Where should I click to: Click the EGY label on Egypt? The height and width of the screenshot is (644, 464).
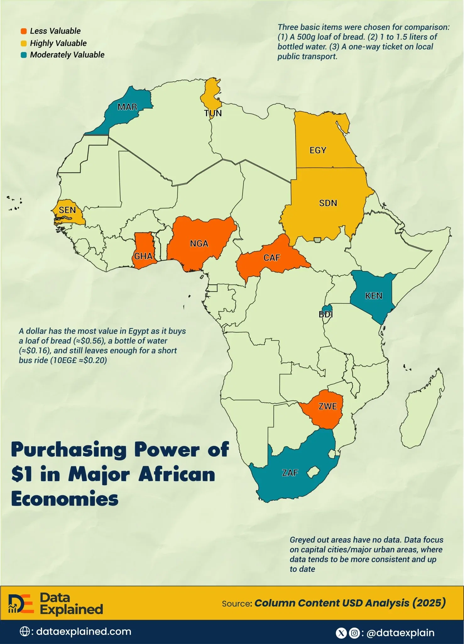tap(318, 150)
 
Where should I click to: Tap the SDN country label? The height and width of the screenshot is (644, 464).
tap(328, 203)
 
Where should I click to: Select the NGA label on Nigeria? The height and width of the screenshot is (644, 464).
tap(199, 244)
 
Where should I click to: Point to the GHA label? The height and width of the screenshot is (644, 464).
tap(143, 256)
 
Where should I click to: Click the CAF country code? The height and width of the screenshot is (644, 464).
tap(271, 258)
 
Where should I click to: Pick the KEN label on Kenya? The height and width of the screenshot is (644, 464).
tap(374, 296)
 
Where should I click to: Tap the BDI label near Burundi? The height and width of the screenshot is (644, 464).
tap(325, 314)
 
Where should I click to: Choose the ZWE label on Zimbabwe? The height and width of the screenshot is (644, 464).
tap(328, 407)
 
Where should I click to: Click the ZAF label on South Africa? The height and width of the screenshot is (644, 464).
tap(290, 473)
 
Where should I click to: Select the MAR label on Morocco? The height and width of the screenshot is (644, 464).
tap(127, 107)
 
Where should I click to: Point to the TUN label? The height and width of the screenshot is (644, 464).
tap(213, 114)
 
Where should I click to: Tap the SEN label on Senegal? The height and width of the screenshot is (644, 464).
tap(67, 210)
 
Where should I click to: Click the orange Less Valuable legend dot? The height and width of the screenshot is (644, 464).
tap(24, 31)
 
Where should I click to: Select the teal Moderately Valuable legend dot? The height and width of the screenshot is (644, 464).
tap(24, 55)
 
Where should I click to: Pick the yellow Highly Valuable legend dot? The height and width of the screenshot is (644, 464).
tap(24, 43)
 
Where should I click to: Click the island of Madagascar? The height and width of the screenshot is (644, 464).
tap(423, 412)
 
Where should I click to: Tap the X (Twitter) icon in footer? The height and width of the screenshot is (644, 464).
tap(341, 633)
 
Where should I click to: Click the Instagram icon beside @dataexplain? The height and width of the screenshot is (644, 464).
tap(354, 633)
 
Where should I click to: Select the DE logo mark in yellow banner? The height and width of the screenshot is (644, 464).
tap(20, 603)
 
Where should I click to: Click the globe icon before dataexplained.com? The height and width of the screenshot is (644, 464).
tap(25, 632)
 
